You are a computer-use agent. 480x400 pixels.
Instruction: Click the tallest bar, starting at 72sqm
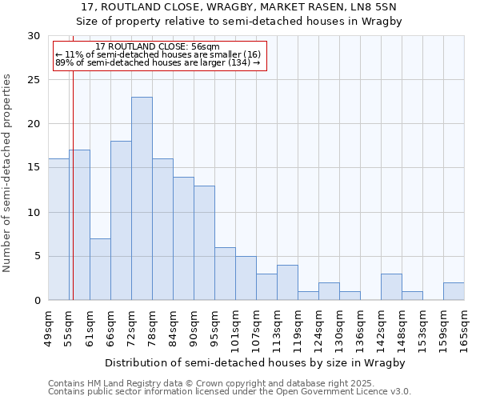[142, 198]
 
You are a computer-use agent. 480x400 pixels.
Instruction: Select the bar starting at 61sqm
[100, 269]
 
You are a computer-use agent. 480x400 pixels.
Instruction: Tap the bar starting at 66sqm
[121, 221]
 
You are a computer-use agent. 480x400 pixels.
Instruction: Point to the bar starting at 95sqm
[225, 274]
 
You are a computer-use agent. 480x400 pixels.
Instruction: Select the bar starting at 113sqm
[287, 282]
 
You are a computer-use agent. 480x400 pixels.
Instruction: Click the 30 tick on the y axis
[33, 36]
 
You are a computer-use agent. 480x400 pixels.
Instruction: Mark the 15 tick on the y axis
[33, 168]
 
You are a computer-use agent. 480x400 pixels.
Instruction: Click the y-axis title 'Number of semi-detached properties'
[8, 173]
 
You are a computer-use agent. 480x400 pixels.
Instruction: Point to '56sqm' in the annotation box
[194, 46]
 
